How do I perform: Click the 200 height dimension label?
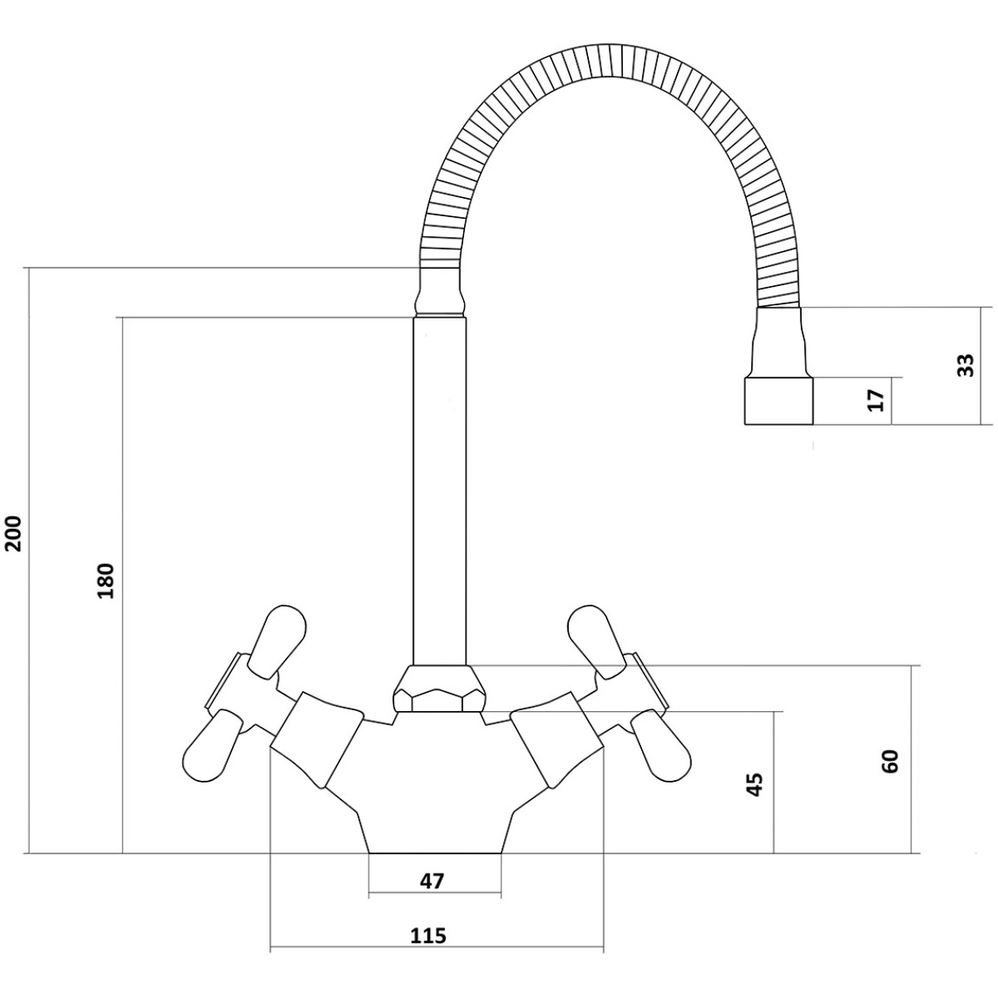(x=15, y=533)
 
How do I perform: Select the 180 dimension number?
(x=106, y=580)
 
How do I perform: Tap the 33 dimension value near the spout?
(x=965, y=365)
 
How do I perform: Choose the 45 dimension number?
(x=756, y=799)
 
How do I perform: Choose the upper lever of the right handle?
(x=596, y=641)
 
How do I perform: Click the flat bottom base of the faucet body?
(x=434, y=852)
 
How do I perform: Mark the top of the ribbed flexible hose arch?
(x=611, y=61)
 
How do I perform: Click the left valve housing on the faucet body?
(x=316, y=738)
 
